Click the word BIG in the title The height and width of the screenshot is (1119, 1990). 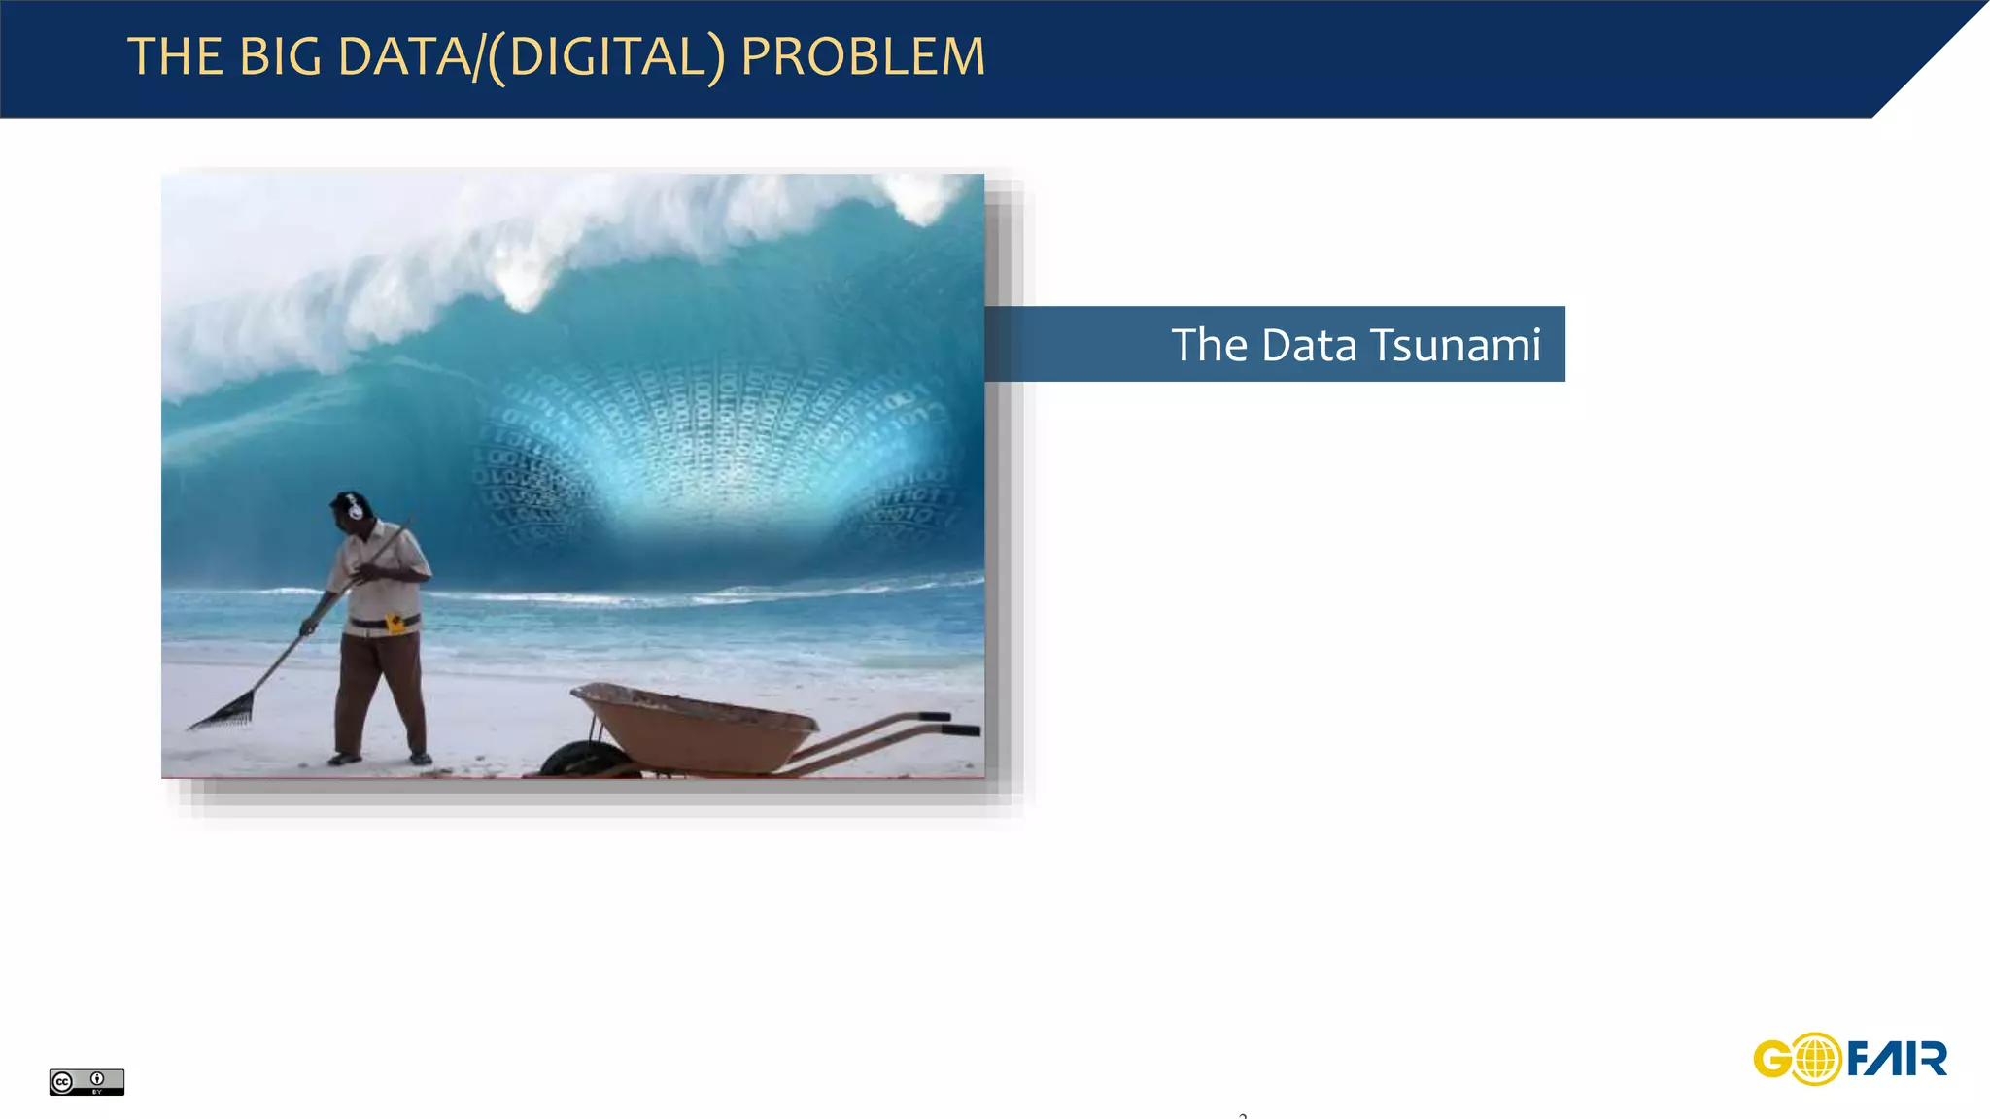pos(280,56)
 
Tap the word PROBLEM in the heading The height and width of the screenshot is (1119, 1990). pos(863,56)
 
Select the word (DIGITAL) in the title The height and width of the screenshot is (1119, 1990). pos(605,56)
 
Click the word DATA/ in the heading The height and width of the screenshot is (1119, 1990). pos(409,56)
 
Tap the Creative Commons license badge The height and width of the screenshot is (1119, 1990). pos(86,1081)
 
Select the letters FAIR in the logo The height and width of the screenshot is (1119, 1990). pos(1897,1059)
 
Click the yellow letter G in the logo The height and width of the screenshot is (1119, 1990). pos(1772,1059)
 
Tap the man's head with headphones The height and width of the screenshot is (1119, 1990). pos(349,509)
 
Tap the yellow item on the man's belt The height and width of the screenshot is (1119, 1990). pos(395,623)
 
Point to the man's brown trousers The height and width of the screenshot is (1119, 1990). pos(379,690)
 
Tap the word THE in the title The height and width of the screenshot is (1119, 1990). pos(174,56)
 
